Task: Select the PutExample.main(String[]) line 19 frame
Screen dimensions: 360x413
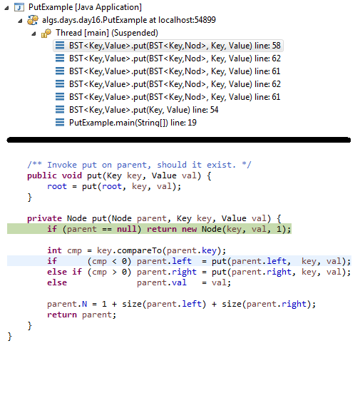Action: pyautogui.click(x=133, y=123)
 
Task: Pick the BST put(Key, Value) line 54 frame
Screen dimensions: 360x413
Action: pyautogui.click(x=144, y=110)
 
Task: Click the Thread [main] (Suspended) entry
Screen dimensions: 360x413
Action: pyautogui.click(x=107, y=33)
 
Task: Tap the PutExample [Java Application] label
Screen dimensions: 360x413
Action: pyautogui.click(x=85, y=7)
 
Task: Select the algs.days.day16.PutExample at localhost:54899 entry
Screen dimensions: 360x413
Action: pyautogui.click(x=129, y=20)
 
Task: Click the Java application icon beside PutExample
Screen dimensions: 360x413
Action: pyautogui.click(x=19, y=7)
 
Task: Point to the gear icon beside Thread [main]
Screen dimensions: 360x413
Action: pyautogui.click(x=46, y=34)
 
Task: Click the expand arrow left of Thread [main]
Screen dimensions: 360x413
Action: pyautogui.click(x=34, y=34)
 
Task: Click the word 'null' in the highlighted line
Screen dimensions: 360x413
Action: pyautogui.click(x=127, y=229)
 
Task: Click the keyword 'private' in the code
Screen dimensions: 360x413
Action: pyautogui.click(x=44, y=218)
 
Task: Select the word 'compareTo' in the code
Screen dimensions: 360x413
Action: pyautogui.click(x=140, y=250)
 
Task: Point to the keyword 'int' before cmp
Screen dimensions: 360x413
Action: pyautogui.click(x=54, y=250)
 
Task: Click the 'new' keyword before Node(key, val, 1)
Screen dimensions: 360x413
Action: pyautogui.click(x=189, y=229)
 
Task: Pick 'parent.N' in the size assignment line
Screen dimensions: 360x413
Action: pyautogui.click(x=67, y=304)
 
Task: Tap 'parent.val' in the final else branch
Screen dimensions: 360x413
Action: pyautogui.click(x=162, y=282)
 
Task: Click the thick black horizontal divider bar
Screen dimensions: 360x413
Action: pyautogui.click(x=179, y=140)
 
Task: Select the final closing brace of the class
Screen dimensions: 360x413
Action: pyautogui.click(x=10, y=337)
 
